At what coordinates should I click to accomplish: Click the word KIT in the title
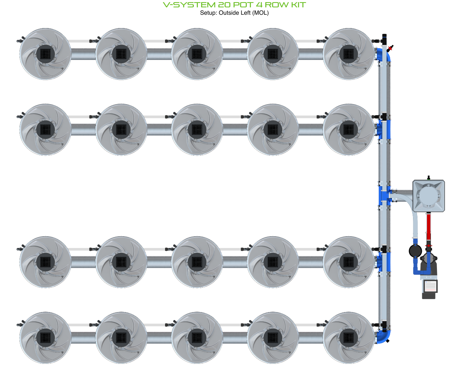pyautogui.click(x=297, y=5)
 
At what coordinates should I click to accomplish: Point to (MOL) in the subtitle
pyautogui.click(x=260, y=13)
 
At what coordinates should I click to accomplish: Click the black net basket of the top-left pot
pyautogui.click(x=45, y=54)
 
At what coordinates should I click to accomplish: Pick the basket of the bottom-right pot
pyautogui.click(x=349, y=337)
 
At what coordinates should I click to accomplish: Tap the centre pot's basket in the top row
pyautogui.click(x=197, y=54)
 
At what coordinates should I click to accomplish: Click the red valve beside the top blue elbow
pyautogui.click(x=391, y=47)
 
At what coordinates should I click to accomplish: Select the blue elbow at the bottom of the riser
pyautogui.click(x=383, y=336)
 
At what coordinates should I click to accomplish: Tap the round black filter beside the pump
pyautogui.click(x=415, y=251)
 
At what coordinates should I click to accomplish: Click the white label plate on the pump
pyautogui.click(x=430, y=286)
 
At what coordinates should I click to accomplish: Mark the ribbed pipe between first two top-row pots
pyautogui.click(x=83, y=54)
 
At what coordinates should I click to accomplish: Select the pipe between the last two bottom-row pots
pyautogui.click(x=311, y=337)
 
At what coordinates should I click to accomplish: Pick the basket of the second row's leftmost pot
pyautogui.click(x=45, y=130)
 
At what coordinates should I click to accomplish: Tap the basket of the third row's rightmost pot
pyautogui.click(x=349, y=262)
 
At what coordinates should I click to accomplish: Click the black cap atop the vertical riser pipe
pyautogui.click(x=384, y=37)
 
